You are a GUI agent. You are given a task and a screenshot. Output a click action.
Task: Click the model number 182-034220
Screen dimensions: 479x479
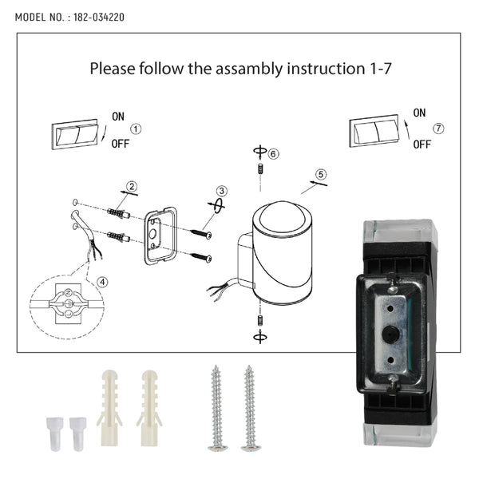[99, 17]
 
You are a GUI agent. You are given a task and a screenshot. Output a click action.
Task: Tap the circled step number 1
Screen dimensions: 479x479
[136, 129]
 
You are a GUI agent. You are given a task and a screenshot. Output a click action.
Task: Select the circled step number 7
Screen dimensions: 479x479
[438, 129]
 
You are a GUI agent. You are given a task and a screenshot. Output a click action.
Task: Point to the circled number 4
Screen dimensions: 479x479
[102, 282]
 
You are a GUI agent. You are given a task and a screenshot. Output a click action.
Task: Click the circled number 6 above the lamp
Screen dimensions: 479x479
[273, 153]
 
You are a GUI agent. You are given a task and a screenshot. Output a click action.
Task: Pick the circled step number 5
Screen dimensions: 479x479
[321, 174]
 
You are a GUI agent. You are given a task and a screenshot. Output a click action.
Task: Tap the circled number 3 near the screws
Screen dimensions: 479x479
[222, 191]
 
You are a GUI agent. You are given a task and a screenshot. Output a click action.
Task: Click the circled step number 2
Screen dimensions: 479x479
[132, 186]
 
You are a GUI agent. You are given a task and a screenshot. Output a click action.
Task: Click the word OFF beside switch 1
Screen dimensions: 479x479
[121, 144]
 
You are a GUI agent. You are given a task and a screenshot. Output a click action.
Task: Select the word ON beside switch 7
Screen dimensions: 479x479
[419, 113]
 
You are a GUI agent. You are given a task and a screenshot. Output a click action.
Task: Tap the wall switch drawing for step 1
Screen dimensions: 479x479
[74, 134]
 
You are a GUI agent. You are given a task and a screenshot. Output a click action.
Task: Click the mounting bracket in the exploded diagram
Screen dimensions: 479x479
[160, 236]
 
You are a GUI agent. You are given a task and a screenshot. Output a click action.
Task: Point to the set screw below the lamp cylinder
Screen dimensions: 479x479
[260, 320]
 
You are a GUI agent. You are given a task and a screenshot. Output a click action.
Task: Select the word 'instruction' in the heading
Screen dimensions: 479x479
[326, 69]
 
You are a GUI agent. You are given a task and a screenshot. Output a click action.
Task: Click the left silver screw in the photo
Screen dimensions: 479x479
[217, 408]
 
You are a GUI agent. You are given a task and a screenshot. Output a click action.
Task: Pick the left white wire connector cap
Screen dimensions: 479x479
[55, 433]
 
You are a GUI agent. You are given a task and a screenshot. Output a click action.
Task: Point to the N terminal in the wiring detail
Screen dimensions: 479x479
[68, 293]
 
